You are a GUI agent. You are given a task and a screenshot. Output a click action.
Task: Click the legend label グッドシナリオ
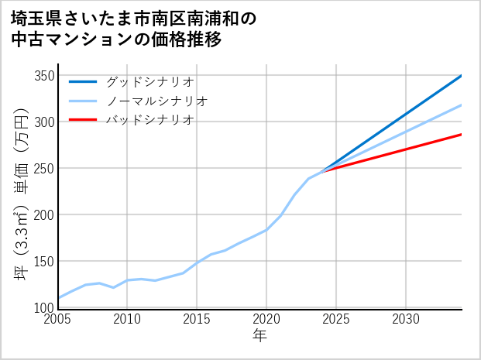tap(149, 81)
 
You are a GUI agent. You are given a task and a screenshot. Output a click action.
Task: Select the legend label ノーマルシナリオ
tap(156, 101)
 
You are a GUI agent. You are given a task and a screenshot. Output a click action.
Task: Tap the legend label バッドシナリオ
tap(149, 120)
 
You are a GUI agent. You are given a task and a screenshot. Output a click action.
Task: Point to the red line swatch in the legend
tap(83, 120)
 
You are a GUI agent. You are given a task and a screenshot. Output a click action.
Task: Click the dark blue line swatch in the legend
tap(83, 81)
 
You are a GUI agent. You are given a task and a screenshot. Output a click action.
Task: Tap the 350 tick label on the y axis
tap(44, 76)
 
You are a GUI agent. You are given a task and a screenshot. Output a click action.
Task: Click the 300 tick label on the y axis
tap(44, 122)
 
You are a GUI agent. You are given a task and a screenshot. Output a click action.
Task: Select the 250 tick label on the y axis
tap(44, 169)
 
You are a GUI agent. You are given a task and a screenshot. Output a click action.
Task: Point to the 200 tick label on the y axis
tap(44, 215)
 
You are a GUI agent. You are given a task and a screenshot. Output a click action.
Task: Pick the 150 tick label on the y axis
tap(44, 262)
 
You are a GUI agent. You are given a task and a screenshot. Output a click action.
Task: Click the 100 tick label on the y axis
tap(44, 307)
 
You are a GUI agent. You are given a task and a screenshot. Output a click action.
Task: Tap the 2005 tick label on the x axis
tap(58, 319)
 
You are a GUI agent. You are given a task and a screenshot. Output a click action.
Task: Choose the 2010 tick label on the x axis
tap(128, 319)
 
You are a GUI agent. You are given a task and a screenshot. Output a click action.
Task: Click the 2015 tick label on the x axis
tap(198, 319)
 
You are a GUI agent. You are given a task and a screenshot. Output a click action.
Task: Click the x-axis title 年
tap(260, 336)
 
